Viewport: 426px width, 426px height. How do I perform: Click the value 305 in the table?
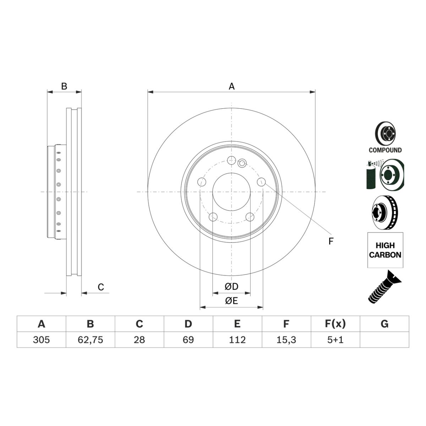tap(41, 340)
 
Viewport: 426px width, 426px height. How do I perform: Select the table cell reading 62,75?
tap(91, 340)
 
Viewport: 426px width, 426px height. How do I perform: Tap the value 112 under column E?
tap(237, 340)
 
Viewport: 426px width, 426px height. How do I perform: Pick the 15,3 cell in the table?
tap(286, 340)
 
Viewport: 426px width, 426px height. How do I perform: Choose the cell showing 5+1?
tap(335, 340)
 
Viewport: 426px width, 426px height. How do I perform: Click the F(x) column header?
tap(335, 324)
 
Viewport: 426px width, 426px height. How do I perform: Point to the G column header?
tap(384, 324)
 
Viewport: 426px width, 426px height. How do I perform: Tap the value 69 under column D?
tap(188, 340)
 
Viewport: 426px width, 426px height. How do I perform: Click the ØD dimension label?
tap(231, 287)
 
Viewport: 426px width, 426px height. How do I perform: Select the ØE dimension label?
tap(231, 301)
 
